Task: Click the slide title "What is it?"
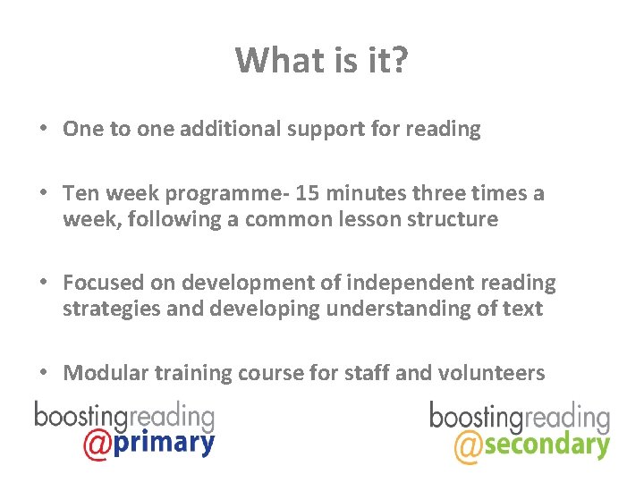(322, 61)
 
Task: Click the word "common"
(275, 219)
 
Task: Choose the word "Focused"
(101, 283)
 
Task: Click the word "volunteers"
(492, 373)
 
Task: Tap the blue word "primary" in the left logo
(164, 443)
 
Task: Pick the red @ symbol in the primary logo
(96, 444)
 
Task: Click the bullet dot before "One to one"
(43, 129)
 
